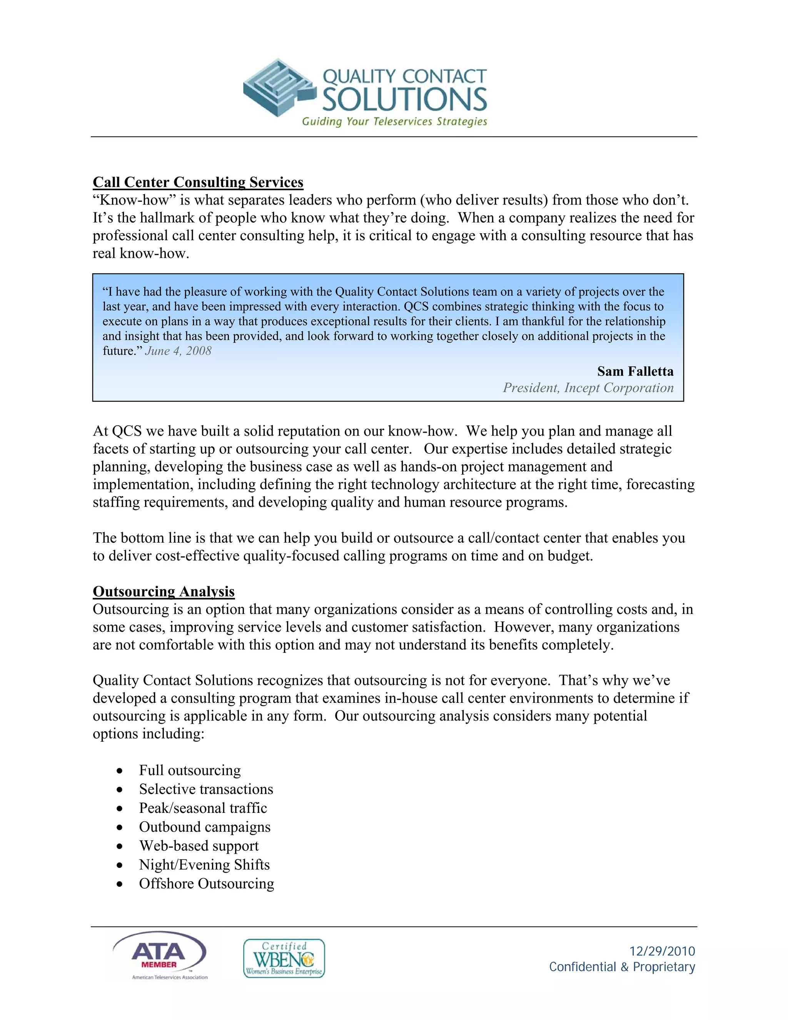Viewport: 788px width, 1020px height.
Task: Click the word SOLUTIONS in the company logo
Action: tap(404, 99)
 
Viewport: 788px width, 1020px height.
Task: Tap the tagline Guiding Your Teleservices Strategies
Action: tap(394, 121)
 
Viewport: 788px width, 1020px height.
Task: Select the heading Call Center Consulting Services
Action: tap(198, 182)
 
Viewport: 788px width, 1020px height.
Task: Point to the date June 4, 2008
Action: tap(178, 351)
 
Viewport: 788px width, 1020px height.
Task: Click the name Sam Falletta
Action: tap(635, 371)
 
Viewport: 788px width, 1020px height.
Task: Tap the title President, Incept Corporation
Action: tap(588, 388)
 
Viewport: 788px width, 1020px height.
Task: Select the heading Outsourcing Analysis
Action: tap(164, 591)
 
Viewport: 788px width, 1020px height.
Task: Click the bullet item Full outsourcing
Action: tap(190, 770)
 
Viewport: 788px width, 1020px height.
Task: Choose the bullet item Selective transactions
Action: tap(206, 789)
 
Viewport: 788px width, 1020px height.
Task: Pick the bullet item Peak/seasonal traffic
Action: tap(203, 808)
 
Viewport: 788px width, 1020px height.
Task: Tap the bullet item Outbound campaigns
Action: tap(204, 827)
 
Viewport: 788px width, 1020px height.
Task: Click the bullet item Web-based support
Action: tap(199, 846)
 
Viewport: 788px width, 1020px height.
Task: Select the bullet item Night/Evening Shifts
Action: tap(204, 865)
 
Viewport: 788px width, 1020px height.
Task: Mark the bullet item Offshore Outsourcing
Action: tap(206, 884)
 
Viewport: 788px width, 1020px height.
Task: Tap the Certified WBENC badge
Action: tap(284, 958)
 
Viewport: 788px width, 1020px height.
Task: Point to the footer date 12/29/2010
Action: tap(662, 951)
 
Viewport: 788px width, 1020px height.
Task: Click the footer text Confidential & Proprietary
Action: tap(622, 967)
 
